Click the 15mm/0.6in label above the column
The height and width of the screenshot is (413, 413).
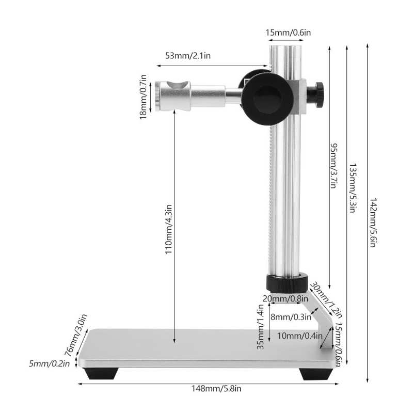click(x=288, y=33)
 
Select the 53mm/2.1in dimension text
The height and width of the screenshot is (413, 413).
click(x=188, y=56)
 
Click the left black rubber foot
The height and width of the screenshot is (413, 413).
click(x=101, y=373)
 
